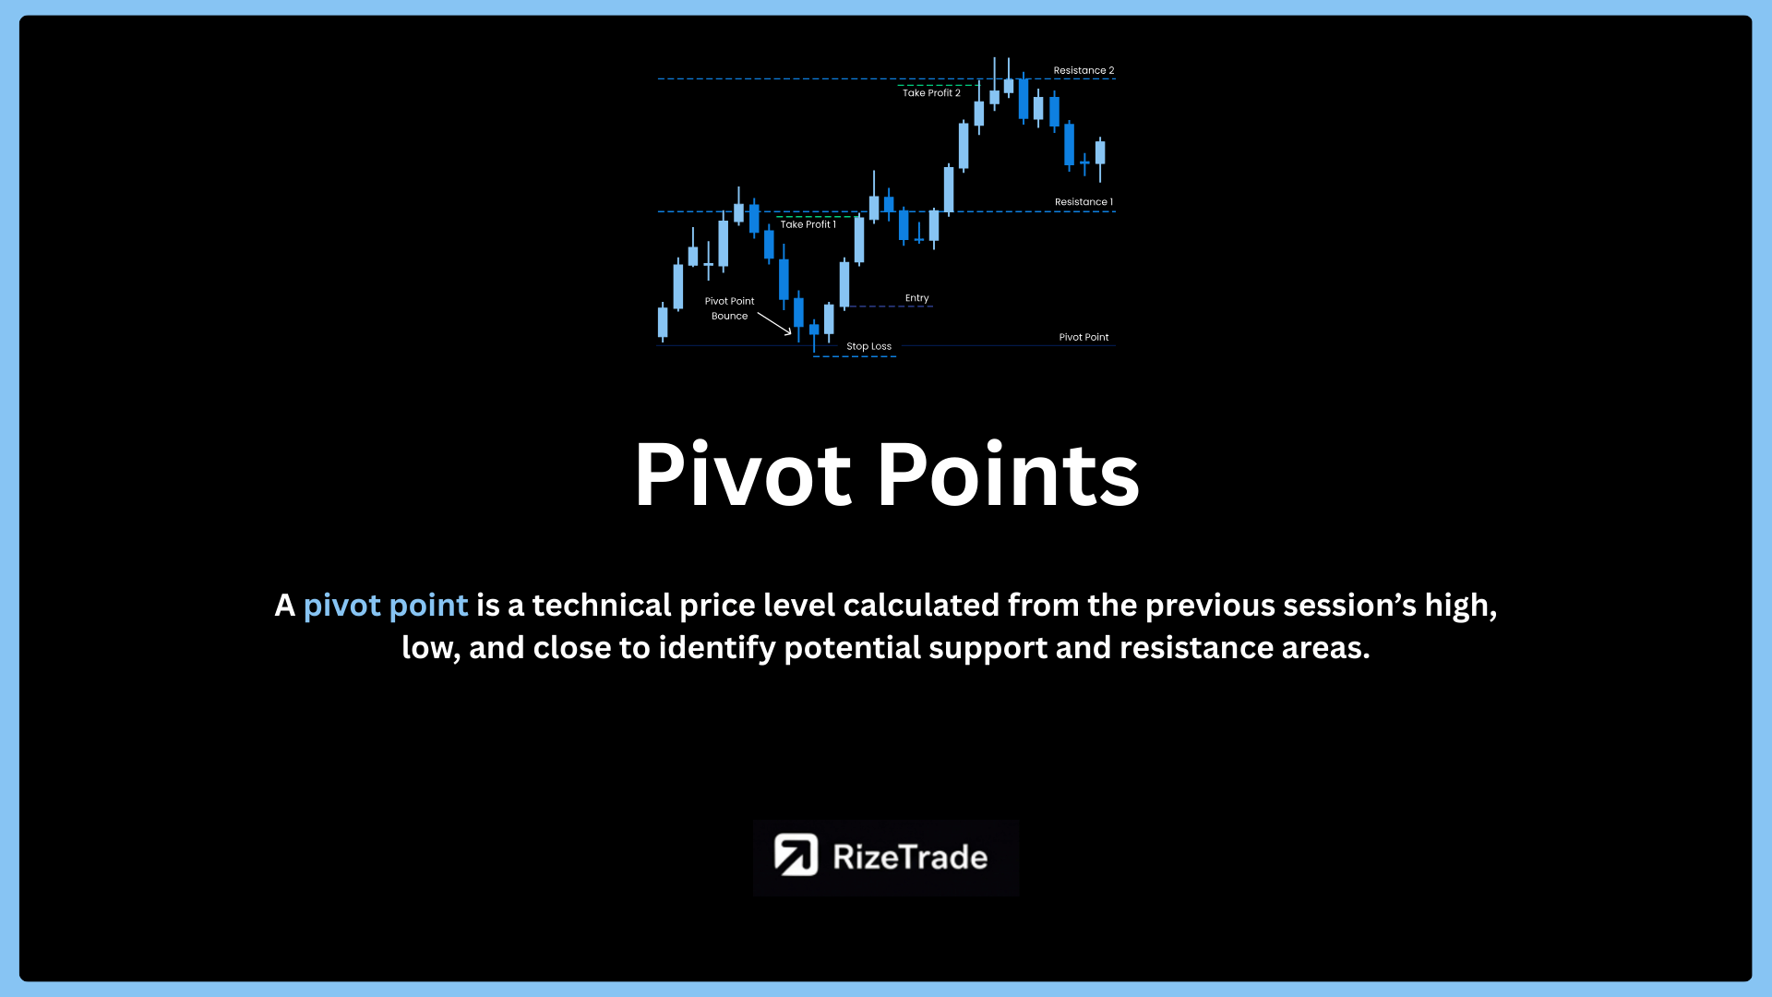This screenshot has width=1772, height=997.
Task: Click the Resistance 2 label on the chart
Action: point(1084,70)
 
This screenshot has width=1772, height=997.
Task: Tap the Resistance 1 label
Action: point(1084,202)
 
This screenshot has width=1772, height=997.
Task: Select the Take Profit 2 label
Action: point(931,93)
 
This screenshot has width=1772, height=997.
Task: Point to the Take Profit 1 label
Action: point(808,224)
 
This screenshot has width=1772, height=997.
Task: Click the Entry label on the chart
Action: point(916,298)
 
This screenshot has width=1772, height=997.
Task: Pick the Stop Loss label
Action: point(868,347)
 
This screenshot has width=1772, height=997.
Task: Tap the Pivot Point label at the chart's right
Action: point(1084,338)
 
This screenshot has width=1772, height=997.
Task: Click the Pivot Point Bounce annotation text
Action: point(729,308)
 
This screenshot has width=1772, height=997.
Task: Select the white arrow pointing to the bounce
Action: point(774,323)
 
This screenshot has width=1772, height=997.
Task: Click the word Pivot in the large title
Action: point(743,474)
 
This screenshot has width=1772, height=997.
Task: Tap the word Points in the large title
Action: point(1009,474)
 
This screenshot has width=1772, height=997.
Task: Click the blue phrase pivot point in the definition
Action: point(386,606)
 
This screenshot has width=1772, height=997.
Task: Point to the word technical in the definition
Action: point(602,606)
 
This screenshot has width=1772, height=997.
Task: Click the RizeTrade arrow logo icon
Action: point(796,855)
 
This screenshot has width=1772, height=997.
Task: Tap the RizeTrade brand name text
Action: point(910,858)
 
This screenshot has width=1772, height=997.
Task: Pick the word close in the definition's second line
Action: point(572,648)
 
